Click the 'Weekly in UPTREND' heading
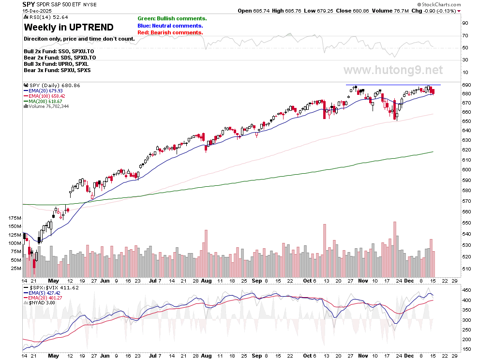pyautogui.click(x=69, y=27)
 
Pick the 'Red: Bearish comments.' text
pyautogui.click(x=170, y=32)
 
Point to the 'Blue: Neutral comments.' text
pyautogui.click(x=170, y=26)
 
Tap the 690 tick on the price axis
pyautogui.click(x=466, y=85)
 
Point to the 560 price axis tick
pyautogui.click(x=466, y=212)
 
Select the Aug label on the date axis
pyautogui.click(x=207, y=281)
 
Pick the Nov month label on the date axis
pyautogui.click(x=363, y=281)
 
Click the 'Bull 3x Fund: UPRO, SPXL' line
pyautogui.click(x=56, y=64)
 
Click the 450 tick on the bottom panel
pyautogui.click(x=466, y=290)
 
